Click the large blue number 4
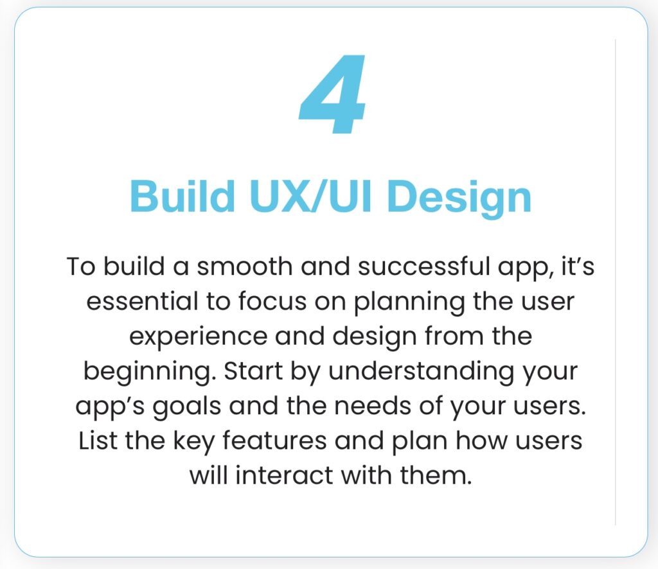(x=332, y=94)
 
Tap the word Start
(x=253, y=371)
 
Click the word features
(x=274, y=441)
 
